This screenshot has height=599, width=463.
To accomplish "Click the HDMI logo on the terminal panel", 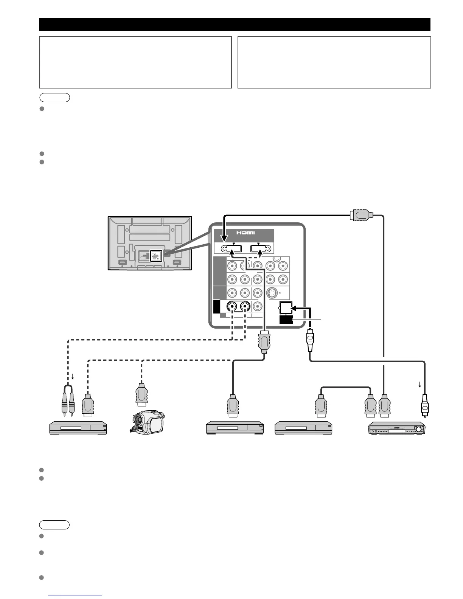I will [246, 233].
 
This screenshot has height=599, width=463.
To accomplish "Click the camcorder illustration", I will [147, 423].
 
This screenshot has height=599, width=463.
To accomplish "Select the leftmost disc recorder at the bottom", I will [79, 428].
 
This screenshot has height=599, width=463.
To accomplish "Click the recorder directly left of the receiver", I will [303, 428].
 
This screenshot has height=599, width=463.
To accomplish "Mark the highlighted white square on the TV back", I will [156, 256].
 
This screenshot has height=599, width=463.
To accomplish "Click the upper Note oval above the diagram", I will [55, 98].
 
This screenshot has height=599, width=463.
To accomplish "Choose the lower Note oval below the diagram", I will [55, 525].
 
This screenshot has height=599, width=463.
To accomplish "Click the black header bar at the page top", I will [235, 25].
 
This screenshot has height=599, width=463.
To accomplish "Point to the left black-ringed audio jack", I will [232, 307].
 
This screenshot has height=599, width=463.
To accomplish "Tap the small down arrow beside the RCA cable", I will [73, 377].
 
